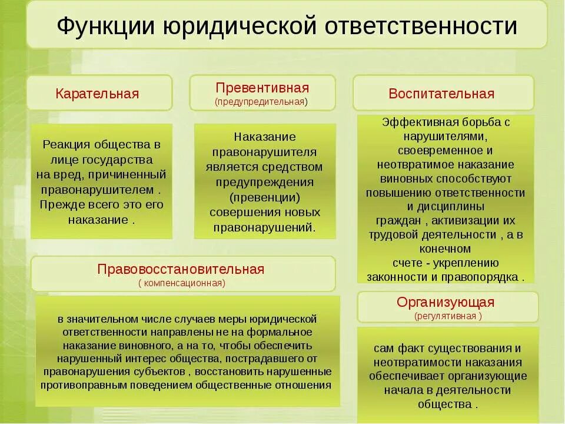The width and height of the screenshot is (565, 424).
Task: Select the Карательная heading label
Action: pyautogui.click(x=97, y=94)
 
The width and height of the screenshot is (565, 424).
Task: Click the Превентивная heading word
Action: pyautogui.click(x=262, y=88)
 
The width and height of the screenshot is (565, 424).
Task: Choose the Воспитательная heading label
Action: pyautogui.click(x=441, y=94)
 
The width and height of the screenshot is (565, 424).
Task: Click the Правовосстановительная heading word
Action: pyautogui.click(x=181, y=270)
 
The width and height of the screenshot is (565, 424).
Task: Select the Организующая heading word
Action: pyautogui.click(x=446, y=303)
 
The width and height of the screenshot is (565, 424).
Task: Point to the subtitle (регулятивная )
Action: pyautogui.click(x=448, y=316)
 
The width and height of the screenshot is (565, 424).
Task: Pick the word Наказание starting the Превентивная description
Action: pyautogui.click(x=264, y=137)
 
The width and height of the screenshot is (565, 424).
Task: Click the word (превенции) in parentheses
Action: pyautogui.click(x=265, y=197)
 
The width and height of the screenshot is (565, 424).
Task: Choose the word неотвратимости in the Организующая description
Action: pyautogui.click(x=406, y=362)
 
